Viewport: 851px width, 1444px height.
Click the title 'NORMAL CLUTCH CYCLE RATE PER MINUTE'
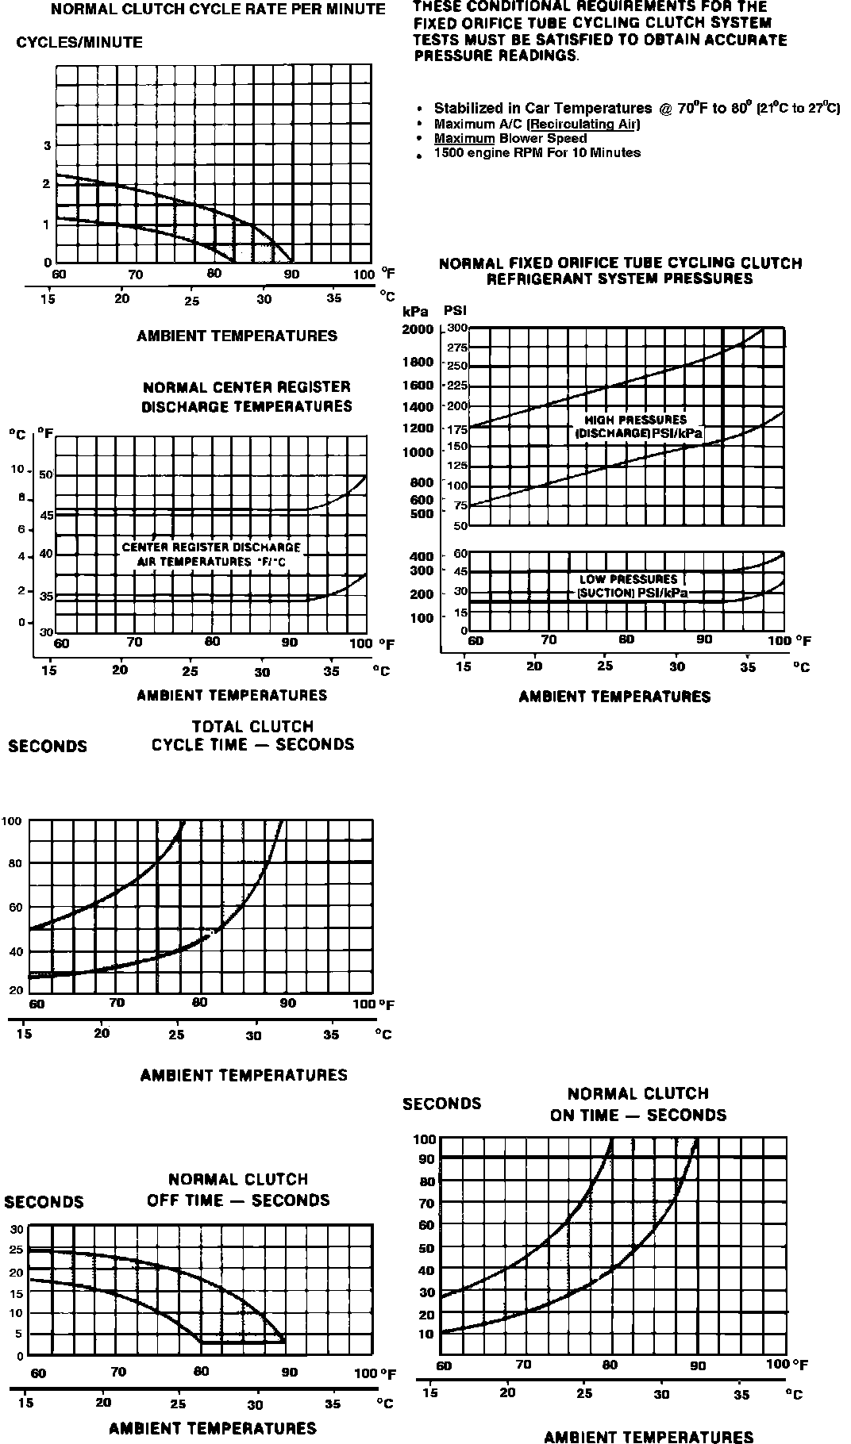(218, 10)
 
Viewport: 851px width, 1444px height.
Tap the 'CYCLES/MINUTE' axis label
(79, 43)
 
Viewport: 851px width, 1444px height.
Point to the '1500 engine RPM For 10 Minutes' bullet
(537, 152)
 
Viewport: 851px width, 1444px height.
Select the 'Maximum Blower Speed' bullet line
(510, 138)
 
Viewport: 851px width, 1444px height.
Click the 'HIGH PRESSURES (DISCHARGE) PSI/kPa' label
(637, 427)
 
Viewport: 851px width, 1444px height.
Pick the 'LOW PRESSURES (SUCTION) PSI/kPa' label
(633, 586)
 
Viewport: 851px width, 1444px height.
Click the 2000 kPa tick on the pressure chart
(419, 329)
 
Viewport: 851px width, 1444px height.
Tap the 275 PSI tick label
(457, 348)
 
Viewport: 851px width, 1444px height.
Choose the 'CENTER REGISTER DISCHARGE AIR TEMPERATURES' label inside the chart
(211, 554)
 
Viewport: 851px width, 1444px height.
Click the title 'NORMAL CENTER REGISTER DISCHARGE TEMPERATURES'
(247, 397)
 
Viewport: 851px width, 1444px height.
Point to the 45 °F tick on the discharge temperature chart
(46, 515)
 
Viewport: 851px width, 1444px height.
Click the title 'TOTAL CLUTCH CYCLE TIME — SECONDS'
(252, 735)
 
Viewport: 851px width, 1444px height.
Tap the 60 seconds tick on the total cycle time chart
(15, 907)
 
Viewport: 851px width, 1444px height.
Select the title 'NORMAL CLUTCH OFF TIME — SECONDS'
(238, 1189)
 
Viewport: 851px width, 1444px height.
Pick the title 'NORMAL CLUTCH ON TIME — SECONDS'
(638, 1104)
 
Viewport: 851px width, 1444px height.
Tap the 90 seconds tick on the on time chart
(426, 1159)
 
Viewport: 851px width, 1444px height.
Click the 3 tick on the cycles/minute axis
(47, 145)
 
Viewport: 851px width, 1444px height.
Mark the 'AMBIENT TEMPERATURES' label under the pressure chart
(614, 697)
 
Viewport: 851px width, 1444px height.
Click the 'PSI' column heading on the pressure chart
(455, 312)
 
